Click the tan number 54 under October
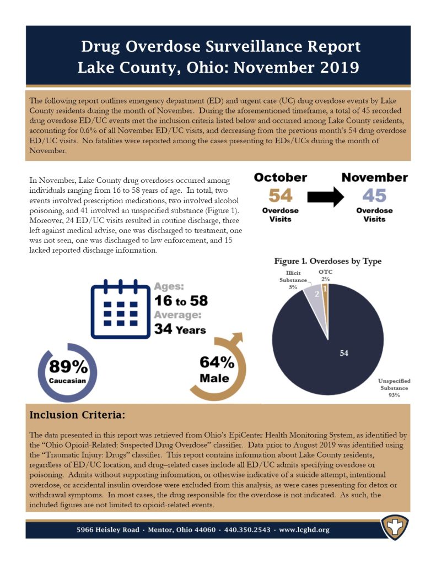(x=281, y=196)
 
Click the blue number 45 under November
(x=374, y=196)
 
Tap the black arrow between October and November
(x=326, y=197)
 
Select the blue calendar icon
(x=120, y=309)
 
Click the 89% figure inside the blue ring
(x=68, y=366)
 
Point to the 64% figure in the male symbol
(x=217, y=362)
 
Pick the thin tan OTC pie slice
(x=325, y=295)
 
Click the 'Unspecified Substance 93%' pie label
(x=394, y=388)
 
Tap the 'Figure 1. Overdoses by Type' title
(x=327, y=261)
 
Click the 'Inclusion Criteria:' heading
(x=77, y=415)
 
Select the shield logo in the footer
(x=395, y=528)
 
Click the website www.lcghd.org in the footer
(x=304, y=530)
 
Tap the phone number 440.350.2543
(x=247, y=530)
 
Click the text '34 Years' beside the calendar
(x=180, y=329)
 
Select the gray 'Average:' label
(x=177, y=315)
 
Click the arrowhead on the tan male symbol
(x=238, y=338)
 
